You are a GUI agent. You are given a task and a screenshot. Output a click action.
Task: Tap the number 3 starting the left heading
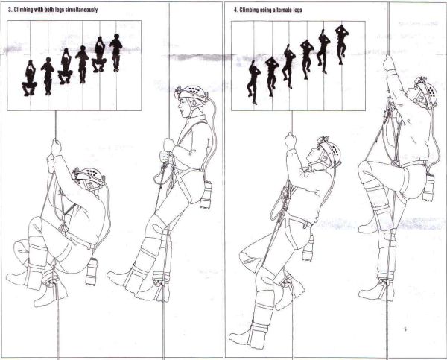pyautogui.click(x=10, y=10)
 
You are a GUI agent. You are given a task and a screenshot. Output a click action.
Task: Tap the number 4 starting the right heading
pyautogui.click(x=235, y=10)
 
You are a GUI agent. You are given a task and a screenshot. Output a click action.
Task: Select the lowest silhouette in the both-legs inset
pyautogui.click(x=30, y=78)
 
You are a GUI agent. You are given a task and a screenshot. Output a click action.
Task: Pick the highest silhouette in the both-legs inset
pyautogui.click(x=115, y=52)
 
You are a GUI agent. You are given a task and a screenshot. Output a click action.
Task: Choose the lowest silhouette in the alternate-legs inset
pyautogui.click(x=253, y=82)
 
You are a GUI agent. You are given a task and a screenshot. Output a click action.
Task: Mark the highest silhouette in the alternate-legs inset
pyautogui.click(x=341, y=44)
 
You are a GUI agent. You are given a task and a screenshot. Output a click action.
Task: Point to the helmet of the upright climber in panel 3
pyautogui.click(x=192, y=93)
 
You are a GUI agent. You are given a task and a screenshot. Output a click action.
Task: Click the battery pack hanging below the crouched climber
pyautogui.click(x=92, y=271)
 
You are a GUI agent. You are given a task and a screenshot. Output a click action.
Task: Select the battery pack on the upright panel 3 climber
pyautogui.click(x=206, y=195)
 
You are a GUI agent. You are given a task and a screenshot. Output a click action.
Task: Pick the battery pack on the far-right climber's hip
pyautogui.click(x=428, y=187)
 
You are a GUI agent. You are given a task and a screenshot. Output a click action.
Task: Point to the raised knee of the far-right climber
pyautogui.click(x=367, y=170)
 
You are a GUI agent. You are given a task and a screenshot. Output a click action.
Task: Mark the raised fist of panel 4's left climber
pyautogui.click(x=291, y=141)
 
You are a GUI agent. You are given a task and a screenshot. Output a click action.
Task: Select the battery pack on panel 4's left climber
pyautogui.click(x=308, y=247)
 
